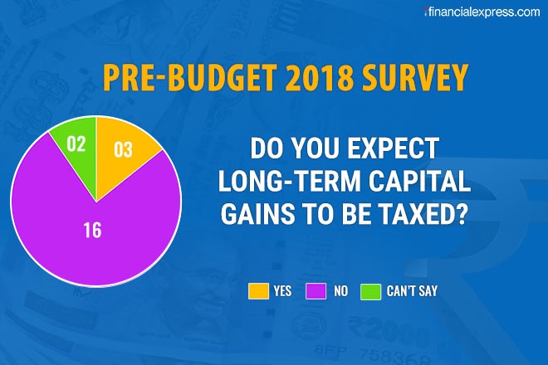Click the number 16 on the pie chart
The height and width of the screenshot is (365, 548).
92,230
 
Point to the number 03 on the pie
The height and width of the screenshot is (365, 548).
123,150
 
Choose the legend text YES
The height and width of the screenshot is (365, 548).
282,292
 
